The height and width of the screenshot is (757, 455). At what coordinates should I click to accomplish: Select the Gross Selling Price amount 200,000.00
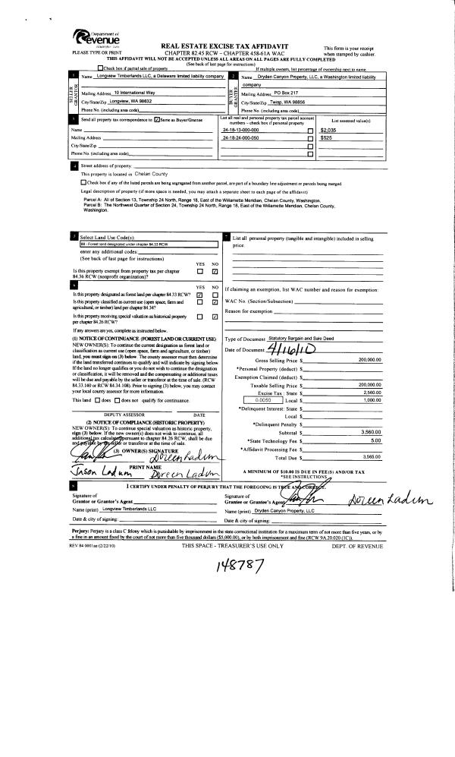click(365, 359)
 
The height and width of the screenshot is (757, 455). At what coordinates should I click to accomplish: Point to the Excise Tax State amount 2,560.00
click(367, 393)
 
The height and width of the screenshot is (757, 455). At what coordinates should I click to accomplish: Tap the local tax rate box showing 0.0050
click(264, 399)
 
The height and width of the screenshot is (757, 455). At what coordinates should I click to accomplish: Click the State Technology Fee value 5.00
click(372, 440)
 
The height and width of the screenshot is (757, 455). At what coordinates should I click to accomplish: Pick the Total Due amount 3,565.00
click(367, 456)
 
